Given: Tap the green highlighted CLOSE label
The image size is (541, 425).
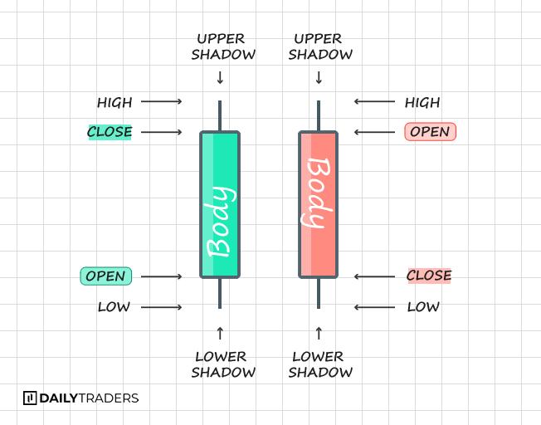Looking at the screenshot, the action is [x=110, y=132].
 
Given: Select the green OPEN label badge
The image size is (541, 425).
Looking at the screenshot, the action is [x=105, y=276].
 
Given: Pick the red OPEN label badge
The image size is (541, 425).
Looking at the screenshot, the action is [x=430, y=132].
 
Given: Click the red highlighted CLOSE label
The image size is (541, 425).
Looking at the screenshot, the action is [x=429, y=276].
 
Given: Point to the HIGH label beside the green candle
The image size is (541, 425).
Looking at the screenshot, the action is [x=115, y=103].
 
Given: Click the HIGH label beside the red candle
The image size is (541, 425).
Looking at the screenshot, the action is [x=422, y=103].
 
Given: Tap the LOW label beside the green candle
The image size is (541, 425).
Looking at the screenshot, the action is [x=115, y=307].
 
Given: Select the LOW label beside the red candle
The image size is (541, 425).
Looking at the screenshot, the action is [x=423, y=307].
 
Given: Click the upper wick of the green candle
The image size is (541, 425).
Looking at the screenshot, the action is [x=220, y=115].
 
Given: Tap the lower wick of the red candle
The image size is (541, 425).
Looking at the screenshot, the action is [x=319, y=293].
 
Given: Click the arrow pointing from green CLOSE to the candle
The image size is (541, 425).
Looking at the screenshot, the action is [x=161, y=132].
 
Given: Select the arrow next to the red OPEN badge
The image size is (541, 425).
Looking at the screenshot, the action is [x=374, y=132].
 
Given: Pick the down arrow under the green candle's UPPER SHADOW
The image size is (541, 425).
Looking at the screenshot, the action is [x=220, y=78].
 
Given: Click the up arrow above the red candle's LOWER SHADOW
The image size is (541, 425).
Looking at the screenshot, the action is [x=319, y=333].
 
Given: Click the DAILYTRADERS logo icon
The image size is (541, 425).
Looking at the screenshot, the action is [x=30, y=398].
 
